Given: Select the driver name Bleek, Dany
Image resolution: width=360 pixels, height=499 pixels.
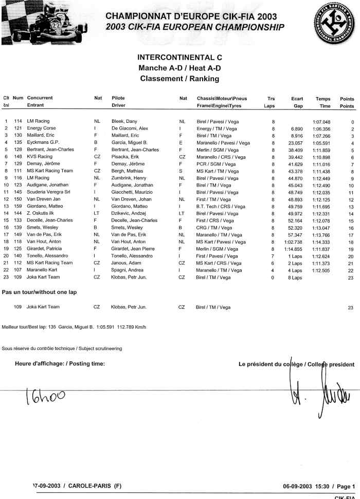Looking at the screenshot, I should pos(124,122).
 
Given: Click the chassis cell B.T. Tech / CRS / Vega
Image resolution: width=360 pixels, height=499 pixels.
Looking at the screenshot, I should pos(221,206).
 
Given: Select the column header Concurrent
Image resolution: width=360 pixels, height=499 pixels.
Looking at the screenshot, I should pos(40,98).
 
